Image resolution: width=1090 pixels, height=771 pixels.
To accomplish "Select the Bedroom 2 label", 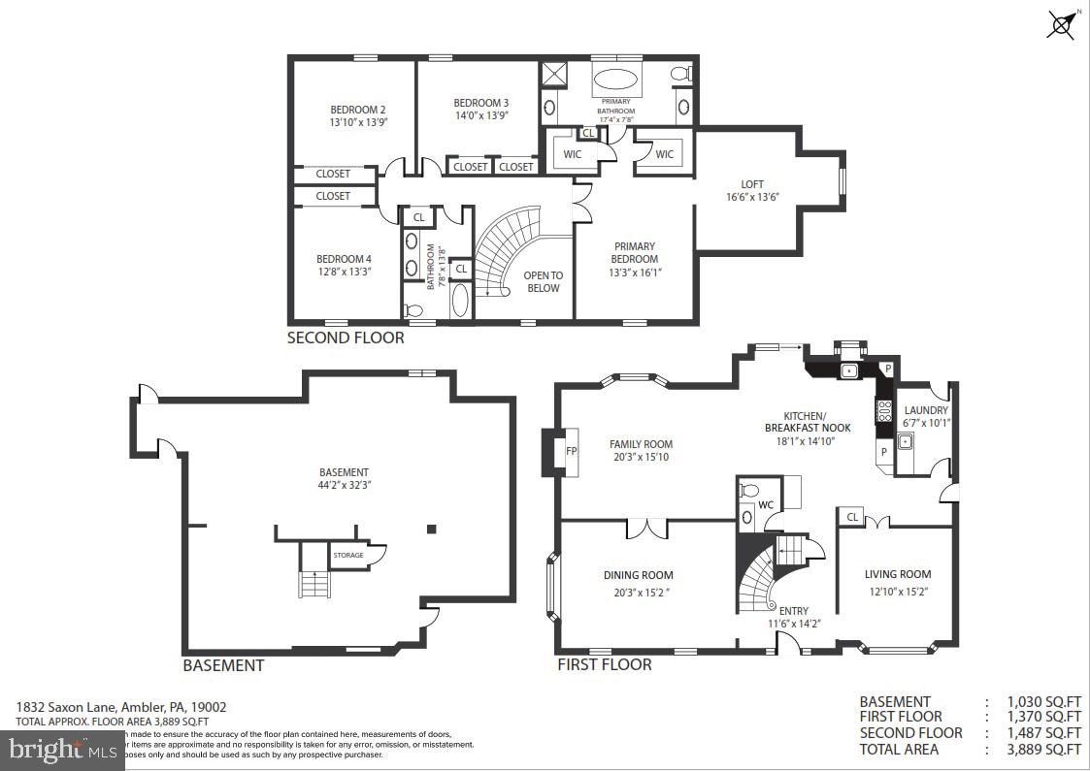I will pos(357,110).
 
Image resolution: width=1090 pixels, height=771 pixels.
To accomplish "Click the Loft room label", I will pos(752,184).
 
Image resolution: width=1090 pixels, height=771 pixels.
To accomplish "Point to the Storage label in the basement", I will pos(348,556).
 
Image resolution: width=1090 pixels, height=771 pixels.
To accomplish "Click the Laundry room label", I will pos(925,410).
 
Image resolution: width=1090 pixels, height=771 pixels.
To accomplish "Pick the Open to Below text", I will pos(544,281).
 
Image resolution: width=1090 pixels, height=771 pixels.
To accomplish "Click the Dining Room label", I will pos(638,575).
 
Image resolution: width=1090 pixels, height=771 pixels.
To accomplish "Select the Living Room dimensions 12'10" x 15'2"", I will pos(897,592).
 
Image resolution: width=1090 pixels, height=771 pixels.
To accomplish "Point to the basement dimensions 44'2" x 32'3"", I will pos(344,485).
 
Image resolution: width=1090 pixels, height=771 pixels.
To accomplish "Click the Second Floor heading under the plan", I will pos(346,338).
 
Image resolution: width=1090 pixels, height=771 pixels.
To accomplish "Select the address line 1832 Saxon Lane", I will pos(121,708).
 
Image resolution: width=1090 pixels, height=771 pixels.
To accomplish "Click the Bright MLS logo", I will pos(62,749).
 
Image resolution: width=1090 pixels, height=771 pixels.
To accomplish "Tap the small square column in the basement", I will pos(432,529).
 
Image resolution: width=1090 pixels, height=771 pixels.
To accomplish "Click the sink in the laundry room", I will pos(905,442).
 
